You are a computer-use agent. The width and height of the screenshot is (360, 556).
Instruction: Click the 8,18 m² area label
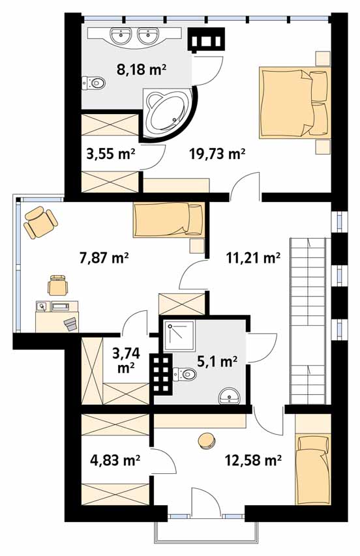click(x=142, y=68)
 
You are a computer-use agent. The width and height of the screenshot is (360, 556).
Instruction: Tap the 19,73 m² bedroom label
click(x=217, y=154)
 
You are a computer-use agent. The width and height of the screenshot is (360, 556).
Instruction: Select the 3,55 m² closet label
click(x=111, y=154)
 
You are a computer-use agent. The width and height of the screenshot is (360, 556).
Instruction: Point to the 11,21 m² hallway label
click(x=253, y=257)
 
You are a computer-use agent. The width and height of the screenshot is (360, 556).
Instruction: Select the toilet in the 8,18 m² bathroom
click(x=93, y=83)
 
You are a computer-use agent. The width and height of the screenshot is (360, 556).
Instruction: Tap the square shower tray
click(x=179, y=336)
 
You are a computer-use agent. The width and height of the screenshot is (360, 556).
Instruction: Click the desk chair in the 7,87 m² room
click(x=58, y=285)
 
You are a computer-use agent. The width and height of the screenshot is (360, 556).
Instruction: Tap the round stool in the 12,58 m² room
click(x=207, y=441)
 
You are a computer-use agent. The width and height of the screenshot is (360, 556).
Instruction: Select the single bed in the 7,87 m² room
click(x=169, y=219)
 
